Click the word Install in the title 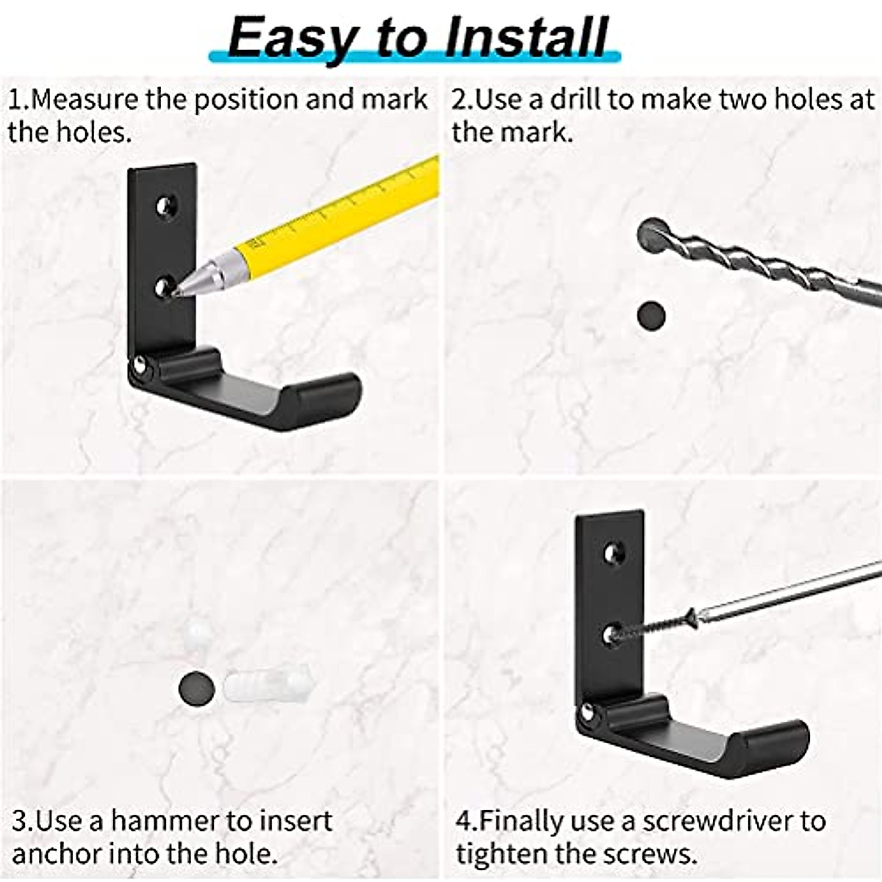pos(527,37)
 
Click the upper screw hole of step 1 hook pos(166,207)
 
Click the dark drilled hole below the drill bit pos(650,315)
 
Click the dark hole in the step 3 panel pos(196,688)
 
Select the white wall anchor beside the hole pos(266,685)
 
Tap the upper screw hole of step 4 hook pos(614,553)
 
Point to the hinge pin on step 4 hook pos(587,711)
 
